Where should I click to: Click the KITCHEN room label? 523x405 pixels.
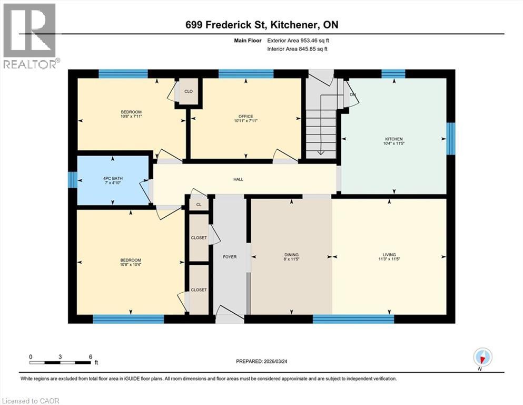coord(393,139)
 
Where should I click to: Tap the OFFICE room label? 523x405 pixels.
coord(245,117)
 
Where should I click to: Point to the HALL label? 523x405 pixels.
coord(238,179)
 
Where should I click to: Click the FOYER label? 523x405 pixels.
coord(230,257)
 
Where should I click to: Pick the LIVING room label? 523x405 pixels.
coord(389,254)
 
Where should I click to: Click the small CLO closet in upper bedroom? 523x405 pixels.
coord(188,91)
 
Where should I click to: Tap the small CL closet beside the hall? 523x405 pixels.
coord(199,204)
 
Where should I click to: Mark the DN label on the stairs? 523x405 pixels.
coord(352,94)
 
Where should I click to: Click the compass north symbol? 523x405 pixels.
coord(482,358)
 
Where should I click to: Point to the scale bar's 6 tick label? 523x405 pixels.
coord(91,356)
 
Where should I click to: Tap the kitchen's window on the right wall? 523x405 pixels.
coord(451,139)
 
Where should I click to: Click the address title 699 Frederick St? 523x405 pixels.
coord(261,25)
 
